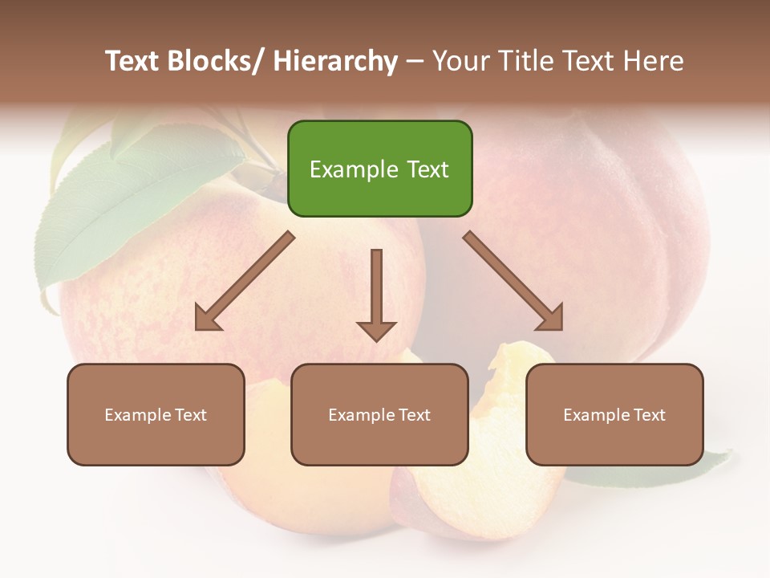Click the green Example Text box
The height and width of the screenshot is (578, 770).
(379, 169)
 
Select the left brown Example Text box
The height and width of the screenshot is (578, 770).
(156, 414)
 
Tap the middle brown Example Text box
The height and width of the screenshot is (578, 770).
(379, 414)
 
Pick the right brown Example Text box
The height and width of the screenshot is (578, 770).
(614, 414)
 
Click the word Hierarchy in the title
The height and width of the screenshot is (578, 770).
(335, 61)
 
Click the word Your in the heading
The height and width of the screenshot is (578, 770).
(461, 61)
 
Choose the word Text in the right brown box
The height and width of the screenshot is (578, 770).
(649, 415)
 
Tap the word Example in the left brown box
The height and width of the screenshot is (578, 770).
(137, 415)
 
